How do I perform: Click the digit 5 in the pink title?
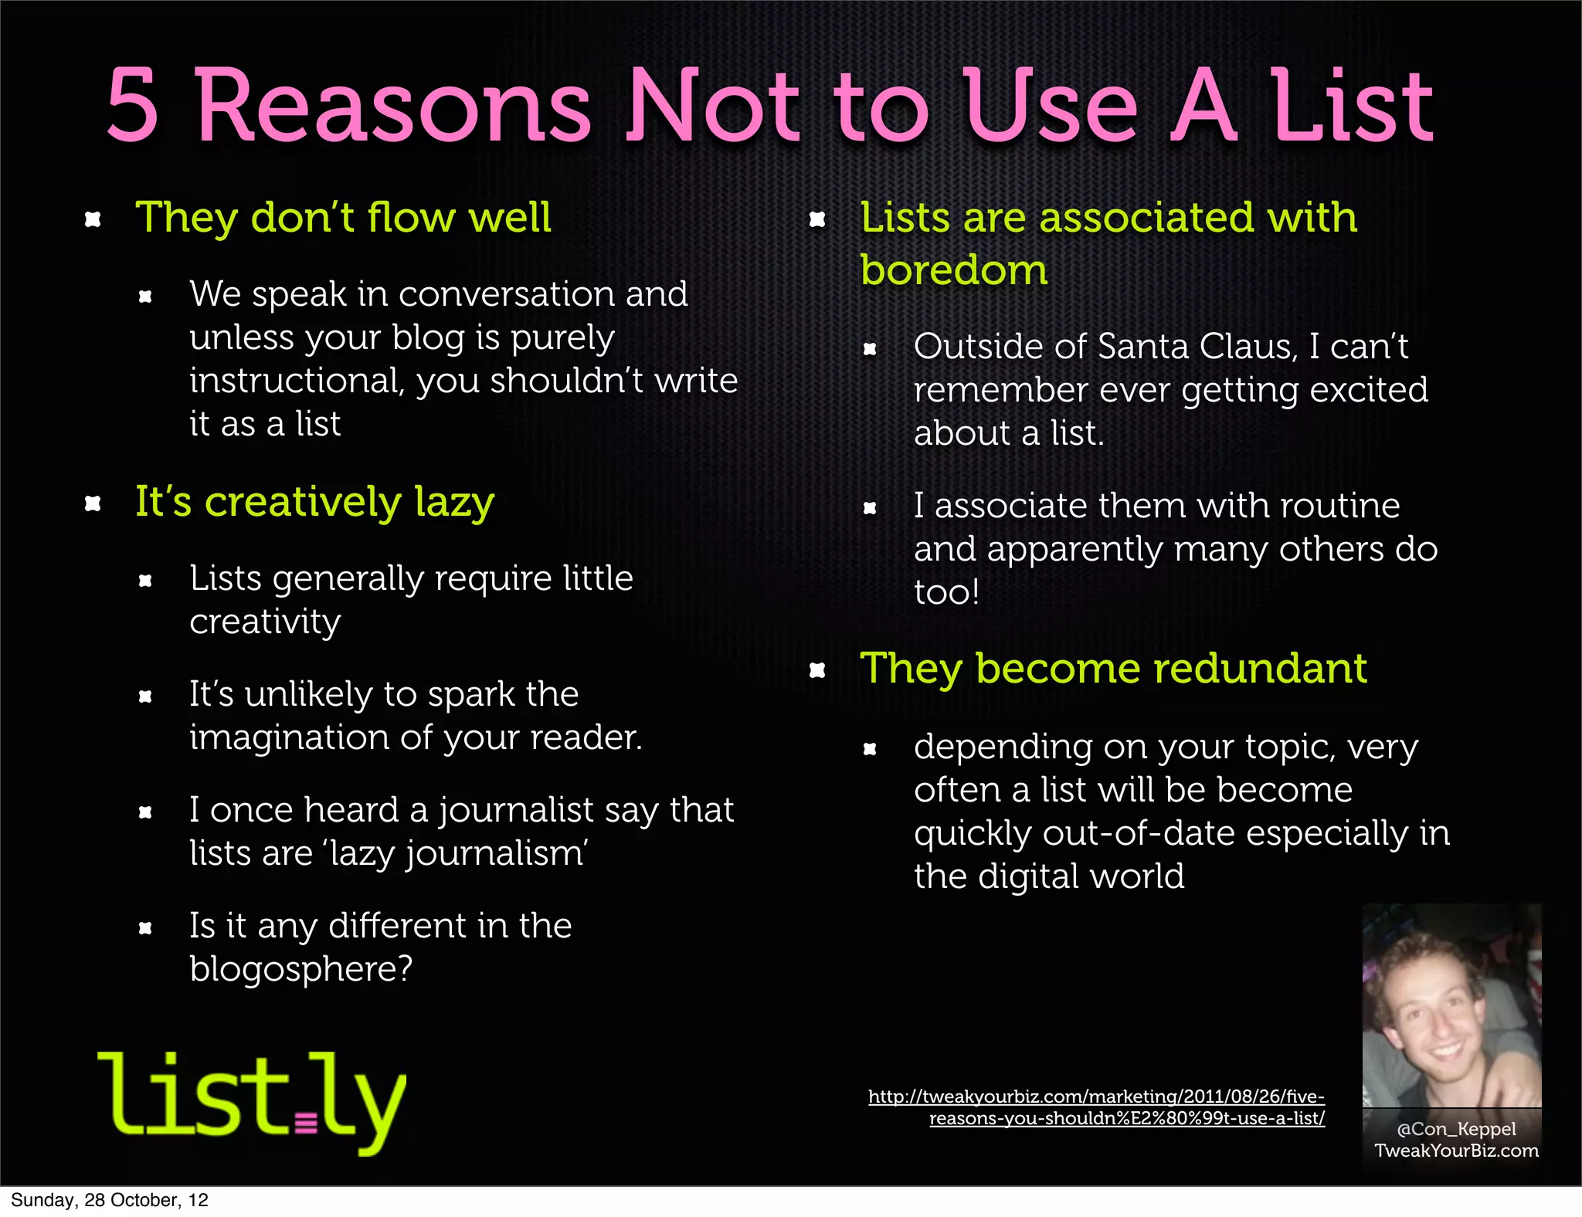(x=133, y=106)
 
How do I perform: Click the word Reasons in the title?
(x=393, y=106)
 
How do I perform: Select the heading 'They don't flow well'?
(x=343, y=217)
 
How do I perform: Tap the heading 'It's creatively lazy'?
(x=314, y=502)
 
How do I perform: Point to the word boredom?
(x=953, y=270)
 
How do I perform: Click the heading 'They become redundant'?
(x=1113, y=669)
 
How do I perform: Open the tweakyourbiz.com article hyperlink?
(x=1097, y=1107)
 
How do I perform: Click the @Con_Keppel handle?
(x=1456, y=1129)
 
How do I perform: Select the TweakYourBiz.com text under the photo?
(x=1456, y=1151)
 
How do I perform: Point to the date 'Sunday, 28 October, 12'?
(x=110, y=1200)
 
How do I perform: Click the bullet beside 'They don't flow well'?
(x=93, y=219)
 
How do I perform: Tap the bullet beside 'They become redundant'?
(x=817, y=670)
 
